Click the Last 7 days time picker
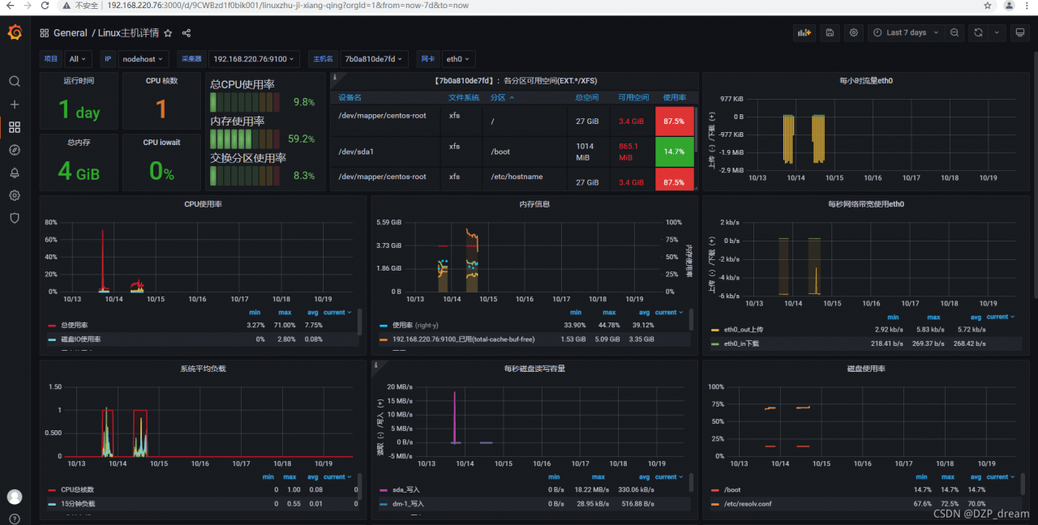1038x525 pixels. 905,32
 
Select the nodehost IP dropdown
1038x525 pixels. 144,59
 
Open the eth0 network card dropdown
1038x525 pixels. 458,59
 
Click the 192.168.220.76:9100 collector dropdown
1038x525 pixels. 255,59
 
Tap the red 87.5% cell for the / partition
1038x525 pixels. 674,121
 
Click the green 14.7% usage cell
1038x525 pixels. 674,152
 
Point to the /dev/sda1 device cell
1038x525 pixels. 356,152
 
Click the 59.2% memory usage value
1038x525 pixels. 301,139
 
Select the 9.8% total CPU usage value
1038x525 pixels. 303,102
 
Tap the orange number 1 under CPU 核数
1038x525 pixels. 161,109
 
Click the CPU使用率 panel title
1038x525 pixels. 203,204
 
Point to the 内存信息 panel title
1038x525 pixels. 534,204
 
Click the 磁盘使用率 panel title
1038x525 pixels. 865,369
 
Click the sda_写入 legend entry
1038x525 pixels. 407,489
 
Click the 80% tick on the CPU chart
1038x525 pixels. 51,222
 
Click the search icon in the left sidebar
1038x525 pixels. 15,81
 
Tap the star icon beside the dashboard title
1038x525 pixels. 168,33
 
